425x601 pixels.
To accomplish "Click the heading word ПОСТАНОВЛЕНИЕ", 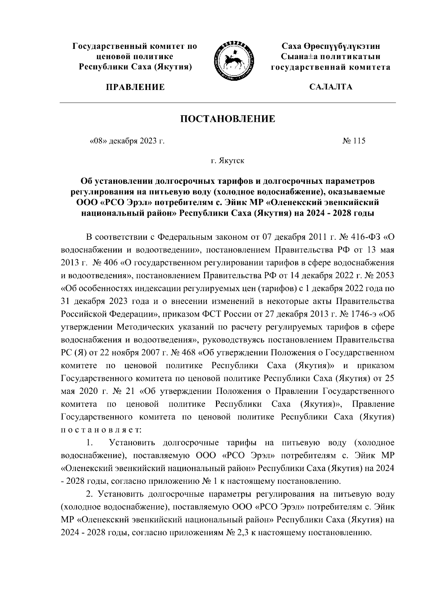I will click(228, 119).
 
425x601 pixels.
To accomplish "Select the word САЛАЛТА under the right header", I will click(330, 87).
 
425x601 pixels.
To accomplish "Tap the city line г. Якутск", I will click(227, 161).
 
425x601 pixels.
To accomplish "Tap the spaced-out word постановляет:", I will click(101, 430).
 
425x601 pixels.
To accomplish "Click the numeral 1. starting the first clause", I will click(90, 443).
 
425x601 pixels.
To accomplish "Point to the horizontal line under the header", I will click(228, 103).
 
